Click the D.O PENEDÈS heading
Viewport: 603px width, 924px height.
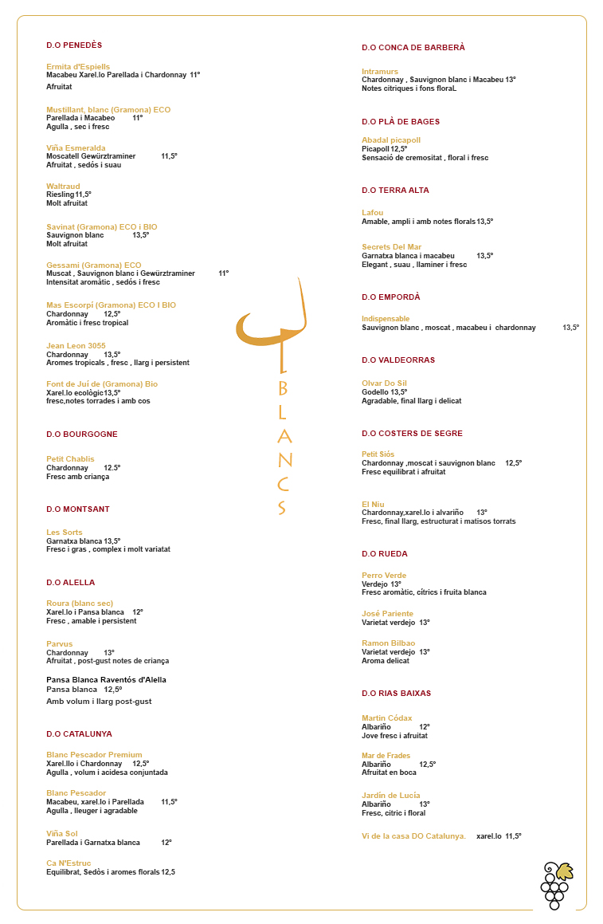[74, 45]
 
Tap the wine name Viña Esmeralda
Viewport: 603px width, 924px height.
[76, 148]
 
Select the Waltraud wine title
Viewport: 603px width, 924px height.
[63, 187]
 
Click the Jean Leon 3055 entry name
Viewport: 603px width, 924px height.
[76, 346]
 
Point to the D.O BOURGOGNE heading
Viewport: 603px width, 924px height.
[82, 434]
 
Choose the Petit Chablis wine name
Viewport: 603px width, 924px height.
[70, 459]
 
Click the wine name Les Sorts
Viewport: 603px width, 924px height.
[65, 533]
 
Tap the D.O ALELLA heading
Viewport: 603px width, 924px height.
[70, 583]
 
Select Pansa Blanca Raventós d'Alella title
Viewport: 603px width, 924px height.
[106, 680]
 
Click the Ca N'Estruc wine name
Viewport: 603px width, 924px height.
[69, 863]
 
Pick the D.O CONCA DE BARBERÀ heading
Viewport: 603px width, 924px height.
[413, 48]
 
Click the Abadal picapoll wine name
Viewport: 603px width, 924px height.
[391, 140]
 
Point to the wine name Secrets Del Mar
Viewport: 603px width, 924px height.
[391, 247]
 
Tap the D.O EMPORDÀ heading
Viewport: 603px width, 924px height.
[390, 297]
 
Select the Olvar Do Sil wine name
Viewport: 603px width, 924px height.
[384, 383]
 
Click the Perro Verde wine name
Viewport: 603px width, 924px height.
[384, 576]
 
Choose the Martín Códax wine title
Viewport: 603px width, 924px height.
[387, 718]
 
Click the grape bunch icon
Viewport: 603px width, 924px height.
[556, 885]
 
